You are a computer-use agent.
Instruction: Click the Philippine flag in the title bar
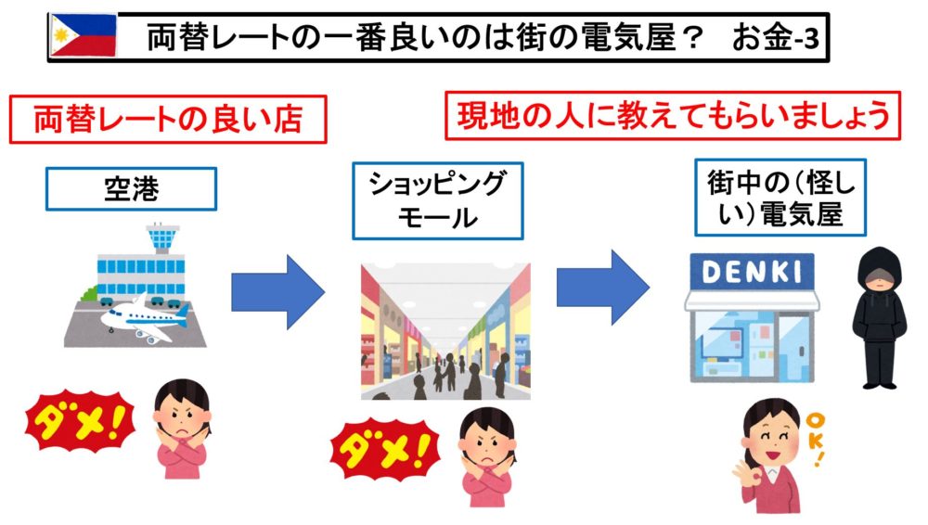[83, 35]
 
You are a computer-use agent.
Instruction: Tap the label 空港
[131, 189]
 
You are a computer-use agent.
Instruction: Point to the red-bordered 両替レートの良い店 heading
[168, 121]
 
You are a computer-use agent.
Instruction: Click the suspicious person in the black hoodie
[877, 315]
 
